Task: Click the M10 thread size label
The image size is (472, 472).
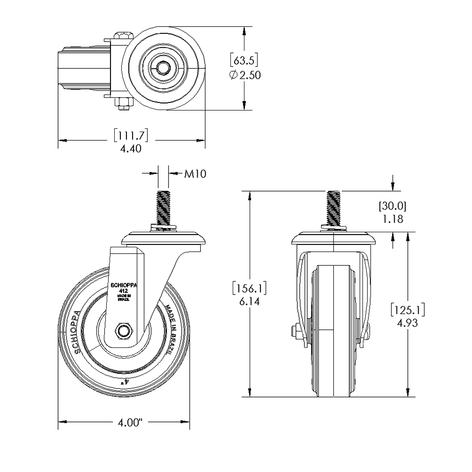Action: pyautogui.click(x=195, y=174)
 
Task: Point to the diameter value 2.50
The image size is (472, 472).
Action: pyautogui.click(x=250, y=75)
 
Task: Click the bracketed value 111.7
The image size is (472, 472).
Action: pyautogui.click(x=131, y=136)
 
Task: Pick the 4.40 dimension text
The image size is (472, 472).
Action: pyautogui.click(x=131, y=149)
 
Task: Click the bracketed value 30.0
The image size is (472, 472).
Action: pyautogui.click(x=392, y=206)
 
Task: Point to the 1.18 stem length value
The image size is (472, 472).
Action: pyautogui.click(x=392, y=219)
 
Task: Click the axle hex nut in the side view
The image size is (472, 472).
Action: pyautogui.click(x=125, y=330)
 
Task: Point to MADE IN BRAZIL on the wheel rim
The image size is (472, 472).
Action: pyautogui.click(x=174, y=327)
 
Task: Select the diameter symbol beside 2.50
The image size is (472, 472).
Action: pyautogui.click(x=234, y=76)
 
